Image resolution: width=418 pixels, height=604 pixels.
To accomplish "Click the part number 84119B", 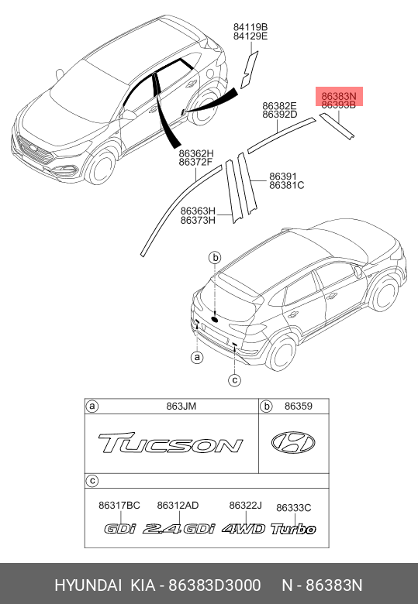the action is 250,27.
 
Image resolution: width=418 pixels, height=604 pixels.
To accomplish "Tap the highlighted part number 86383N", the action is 339,96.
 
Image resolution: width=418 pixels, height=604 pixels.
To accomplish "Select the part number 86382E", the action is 279,106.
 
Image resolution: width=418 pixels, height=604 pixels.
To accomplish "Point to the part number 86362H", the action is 196,153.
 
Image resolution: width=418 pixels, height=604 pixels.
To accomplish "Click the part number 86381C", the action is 286,185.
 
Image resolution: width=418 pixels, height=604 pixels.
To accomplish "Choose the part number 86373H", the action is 199,221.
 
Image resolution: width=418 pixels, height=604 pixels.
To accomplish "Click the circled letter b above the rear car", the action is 215,257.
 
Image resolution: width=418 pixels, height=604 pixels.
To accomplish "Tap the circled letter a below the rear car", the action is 197,358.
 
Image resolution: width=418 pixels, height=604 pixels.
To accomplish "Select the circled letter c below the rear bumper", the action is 234,380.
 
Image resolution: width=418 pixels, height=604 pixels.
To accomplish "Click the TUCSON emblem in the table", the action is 171,443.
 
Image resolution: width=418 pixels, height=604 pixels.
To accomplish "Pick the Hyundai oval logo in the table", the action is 293,443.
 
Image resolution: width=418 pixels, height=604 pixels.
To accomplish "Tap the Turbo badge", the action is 293,529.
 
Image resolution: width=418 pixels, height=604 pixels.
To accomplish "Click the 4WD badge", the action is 244,529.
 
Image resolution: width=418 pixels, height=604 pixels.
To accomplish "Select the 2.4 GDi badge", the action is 179,529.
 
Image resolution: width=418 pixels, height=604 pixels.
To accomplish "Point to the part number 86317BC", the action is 119,506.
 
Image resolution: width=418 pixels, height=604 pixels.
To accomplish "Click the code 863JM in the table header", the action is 181,406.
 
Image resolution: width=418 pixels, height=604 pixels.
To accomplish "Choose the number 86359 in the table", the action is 299,406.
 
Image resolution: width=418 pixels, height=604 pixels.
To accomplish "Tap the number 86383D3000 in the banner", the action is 215,585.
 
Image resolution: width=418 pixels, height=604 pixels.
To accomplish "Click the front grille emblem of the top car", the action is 33,149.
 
